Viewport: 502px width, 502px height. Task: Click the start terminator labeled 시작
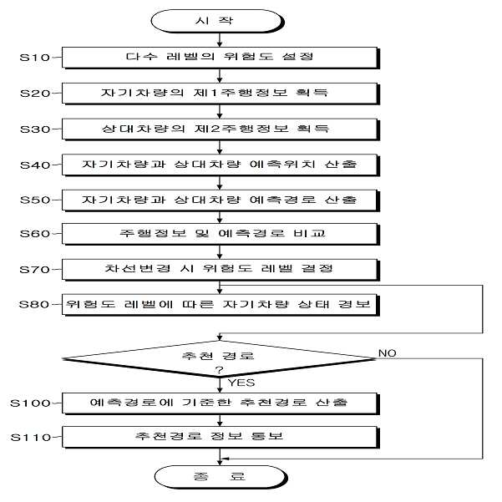[x=217, y=21]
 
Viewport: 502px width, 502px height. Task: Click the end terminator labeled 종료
[x=221, y=477]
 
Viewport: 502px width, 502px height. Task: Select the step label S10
[x=35, y=58]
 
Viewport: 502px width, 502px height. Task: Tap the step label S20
[x=35, y=94]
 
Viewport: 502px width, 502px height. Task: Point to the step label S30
[x=35, y=129]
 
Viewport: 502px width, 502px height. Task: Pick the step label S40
[x=35, y=165]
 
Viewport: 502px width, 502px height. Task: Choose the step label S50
[x=35, y=200]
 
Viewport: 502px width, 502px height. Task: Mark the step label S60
[x=35, y=234]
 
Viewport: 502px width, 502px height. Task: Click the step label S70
[x=35, y=270]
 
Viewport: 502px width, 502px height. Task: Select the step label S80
[x=34, y=304]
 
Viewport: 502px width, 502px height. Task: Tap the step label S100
[x=30, y=403]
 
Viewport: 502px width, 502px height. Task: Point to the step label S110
[x=31, y=438]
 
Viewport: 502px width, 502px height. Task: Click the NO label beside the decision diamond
[x=388, y=353]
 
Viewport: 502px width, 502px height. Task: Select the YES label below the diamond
[x=241, y=383]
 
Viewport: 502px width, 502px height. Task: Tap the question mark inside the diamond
[x=220, y=370]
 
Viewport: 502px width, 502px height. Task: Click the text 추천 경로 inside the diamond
[x=218, y=356]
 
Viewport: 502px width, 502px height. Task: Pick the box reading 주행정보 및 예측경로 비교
[x=221, y=234]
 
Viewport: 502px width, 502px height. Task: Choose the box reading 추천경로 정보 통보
[x=221, y=437]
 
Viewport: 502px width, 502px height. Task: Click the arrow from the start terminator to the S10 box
[x=220, y=40]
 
